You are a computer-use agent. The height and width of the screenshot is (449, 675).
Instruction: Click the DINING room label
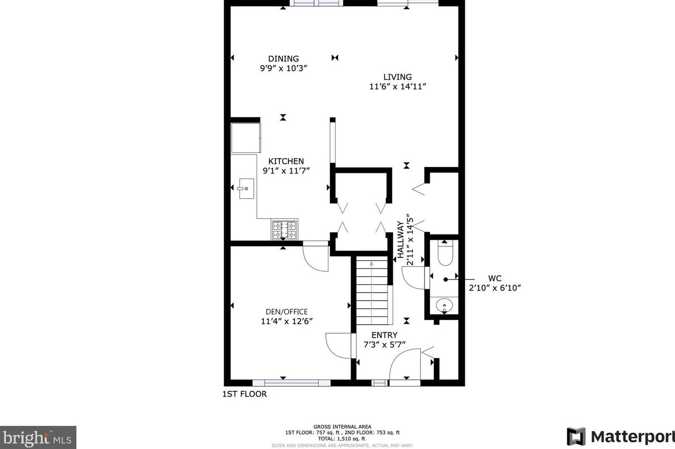(283, 59)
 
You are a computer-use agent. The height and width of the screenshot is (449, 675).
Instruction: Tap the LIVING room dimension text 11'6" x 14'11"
(397, 86)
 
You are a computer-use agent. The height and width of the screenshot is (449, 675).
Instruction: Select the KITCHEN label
(286, 161)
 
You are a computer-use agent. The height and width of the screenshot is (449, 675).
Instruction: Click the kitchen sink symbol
(246, 189)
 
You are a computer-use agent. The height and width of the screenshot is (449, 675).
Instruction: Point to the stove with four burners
(284, 230)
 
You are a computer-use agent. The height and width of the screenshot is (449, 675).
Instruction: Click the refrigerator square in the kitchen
(246, 138)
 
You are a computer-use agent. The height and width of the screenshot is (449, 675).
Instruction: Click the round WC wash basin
(444, 305)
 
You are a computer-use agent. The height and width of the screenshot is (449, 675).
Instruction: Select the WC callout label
(495, 279)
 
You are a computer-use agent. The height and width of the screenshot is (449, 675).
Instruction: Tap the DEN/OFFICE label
(286, 312)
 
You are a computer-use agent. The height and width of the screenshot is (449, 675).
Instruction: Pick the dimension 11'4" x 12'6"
(286, 321)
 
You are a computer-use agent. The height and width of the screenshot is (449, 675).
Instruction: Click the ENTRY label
(384, 335)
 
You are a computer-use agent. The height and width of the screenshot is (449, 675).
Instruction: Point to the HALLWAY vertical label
(400, 240)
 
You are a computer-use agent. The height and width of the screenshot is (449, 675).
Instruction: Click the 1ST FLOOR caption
(244, 394)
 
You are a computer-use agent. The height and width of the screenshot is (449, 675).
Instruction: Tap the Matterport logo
(620, 437)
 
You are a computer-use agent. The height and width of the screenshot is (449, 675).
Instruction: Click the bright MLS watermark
(38, 437)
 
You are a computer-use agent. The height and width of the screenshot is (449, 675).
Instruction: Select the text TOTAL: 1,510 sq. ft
(342, 438)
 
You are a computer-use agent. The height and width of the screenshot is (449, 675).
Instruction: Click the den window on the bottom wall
(291, 383)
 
